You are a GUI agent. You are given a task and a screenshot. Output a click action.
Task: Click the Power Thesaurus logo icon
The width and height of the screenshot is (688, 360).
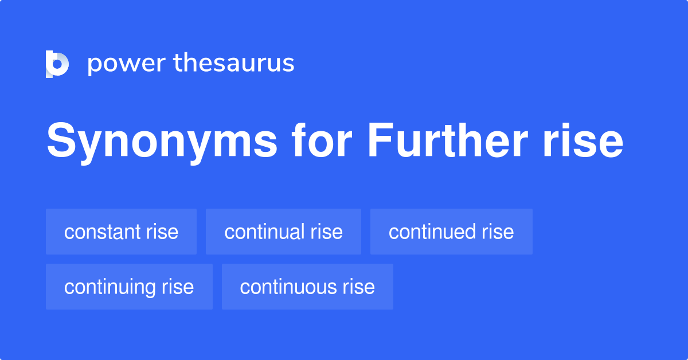(57, 64)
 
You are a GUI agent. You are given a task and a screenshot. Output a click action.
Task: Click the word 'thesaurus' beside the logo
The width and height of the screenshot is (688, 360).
(234, 64)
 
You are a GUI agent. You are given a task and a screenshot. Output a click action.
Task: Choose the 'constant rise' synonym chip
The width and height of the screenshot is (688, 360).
(121, 232)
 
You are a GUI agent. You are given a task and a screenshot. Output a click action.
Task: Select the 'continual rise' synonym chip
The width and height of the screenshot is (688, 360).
(283, 232)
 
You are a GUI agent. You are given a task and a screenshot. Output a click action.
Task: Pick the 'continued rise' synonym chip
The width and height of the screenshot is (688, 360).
(451, 232)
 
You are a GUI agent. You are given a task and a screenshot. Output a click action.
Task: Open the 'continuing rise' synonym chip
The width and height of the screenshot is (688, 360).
(129, 287)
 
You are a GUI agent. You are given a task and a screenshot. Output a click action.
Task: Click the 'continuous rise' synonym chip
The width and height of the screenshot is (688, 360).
(307, 287)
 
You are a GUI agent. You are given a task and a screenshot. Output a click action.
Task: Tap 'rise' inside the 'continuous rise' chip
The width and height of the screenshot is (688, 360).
(359, 287)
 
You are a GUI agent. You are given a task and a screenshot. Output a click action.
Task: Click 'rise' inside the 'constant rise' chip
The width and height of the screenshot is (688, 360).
(162, 232)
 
